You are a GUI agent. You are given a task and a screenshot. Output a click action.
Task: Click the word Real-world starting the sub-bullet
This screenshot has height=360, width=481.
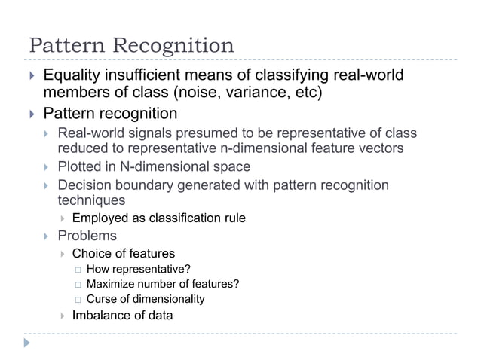[x=90, y=134]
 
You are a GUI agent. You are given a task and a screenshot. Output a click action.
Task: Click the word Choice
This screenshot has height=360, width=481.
[x=90, y=253]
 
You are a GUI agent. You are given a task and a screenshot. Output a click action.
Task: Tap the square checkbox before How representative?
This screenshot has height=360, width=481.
[x=77, y=270]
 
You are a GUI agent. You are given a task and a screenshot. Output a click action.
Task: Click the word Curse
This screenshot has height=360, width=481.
[x=102, y=299]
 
